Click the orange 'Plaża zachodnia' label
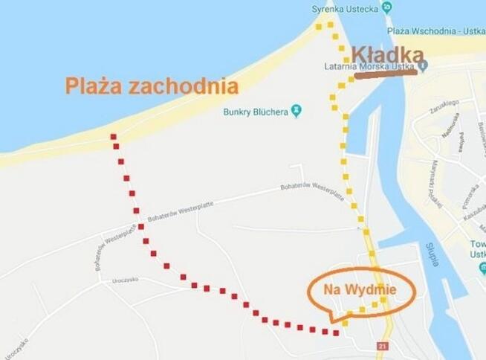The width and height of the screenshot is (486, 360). (x=152, y=86)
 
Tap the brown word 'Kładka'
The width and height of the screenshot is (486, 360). (x=387, y=54)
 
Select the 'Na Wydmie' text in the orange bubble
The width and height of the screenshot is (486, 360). (x=359, y=289)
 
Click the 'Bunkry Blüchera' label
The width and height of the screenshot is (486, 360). (x=256, y=112)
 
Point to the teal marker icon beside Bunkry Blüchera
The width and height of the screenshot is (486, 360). (x=297, y=111)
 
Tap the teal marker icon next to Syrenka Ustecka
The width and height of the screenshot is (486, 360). (x=386, y=7)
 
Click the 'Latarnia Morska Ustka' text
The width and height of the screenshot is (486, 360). (x=369, y=66)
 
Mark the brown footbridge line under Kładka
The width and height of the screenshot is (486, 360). (x=385, y=74)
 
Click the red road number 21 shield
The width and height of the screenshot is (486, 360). (x=383, y=347)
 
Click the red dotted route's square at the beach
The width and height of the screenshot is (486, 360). (x=113, y=137)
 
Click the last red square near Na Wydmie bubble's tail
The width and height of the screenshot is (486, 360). (x=336, y=332)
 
